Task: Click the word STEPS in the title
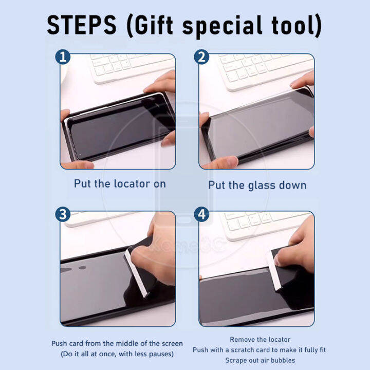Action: (x=82, y=25)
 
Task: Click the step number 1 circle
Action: (x=63, y=57)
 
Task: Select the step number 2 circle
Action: (x=201, y=57)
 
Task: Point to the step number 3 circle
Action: (x=63, y=214)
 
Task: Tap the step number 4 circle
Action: (x=201, y=214)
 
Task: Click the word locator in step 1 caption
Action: (x=132, y=183)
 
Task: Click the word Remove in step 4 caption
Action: (x=241, y=339)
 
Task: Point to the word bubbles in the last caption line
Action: (x=283, y=360)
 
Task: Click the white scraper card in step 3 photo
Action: (x=136, y=273)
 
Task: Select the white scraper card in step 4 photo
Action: (x=274, y=271)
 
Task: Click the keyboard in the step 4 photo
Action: (x=264, y=225)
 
